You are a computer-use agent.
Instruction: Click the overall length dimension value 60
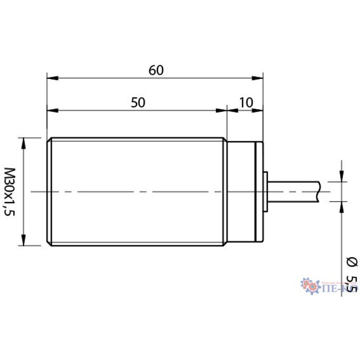155,70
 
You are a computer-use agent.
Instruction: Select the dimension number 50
138,103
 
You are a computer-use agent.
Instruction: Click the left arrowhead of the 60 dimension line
52,78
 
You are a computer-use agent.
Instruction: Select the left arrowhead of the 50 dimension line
52,111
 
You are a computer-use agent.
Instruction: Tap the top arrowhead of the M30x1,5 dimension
23,142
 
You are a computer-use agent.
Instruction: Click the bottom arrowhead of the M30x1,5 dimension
23,242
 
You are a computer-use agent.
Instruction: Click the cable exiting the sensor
293,191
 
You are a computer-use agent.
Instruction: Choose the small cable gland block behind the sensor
266,191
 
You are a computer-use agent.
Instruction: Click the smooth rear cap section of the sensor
243,191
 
